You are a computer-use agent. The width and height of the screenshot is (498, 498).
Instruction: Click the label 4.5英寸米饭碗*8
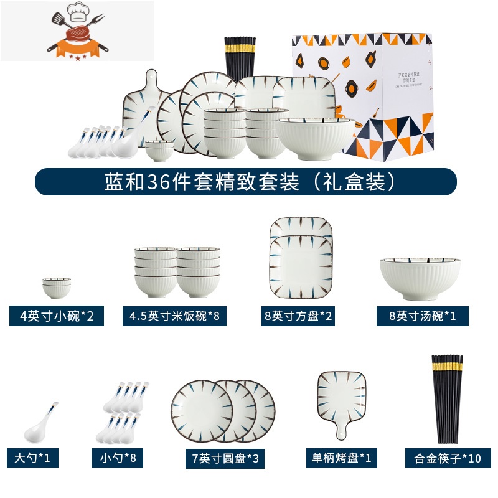point(174,316)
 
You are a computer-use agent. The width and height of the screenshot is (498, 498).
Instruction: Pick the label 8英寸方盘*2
point(299,316)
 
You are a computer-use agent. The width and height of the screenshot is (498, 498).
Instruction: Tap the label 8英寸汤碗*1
point(423,316)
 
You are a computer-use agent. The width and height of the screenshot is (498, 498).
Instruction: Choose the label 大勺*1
point(32,459)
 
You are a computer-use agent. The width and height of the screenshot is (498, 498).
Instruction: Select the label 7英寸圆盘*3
point(225,459)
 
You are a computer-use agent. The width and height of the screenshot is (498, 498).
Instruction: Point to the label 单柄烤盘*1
point(343,459)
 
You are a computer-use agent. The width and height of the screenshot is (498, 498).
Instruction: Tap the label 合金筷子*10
point(448,459)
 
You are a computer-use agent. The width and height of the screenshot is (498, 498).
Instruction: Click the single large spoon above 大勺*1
point(44,423)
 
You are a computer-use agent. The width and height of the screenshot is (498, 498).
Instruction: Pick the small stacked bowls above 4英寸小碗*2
point(57,288)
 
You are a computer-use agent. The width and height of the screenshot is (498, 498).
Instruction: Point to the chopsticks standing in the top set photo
point(240,59)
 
